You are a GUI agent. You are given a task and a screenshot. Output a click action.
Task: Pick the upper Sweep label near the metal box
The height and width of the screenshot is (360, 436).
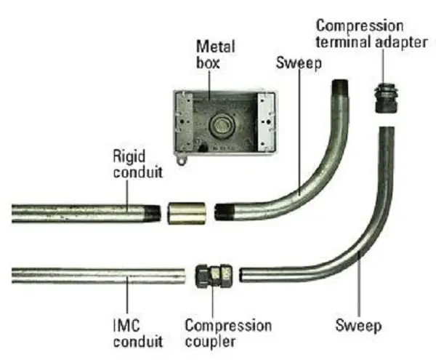point(295,63)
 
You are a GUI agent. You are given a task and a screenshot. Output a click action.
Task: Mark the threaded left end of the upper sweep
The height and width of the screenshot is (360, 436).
point(223,212)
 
